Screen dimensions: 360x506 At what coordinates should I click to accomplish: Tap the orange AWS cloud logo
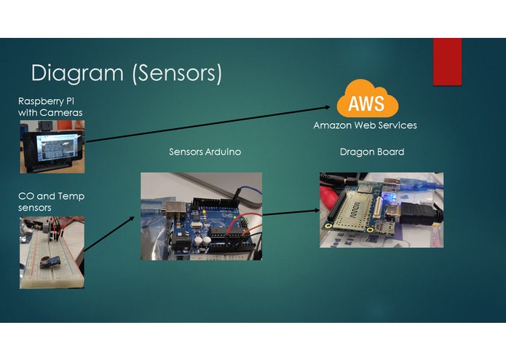pos(367,101)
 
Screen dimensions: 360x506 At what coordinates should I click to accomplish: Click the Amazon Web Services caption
pos(365,125)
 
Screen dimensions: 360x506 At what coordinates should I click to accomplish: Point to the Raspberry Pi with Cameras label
pos(50,106)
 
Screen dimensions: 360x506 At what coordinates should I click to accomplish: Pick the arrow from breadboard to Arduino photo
pos(109,233)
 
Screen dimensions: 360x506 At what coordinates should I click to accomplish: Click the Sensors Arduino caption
pos(205,152)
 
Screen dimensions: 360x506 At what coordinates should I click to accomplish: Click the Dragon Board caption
pos(371,152)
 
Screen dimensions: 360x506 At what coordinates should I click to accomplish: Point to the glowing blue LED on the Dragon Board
pos(391,197)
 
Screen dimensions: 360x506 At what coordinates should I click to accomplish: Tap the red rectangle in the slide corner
pos(447,61)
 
